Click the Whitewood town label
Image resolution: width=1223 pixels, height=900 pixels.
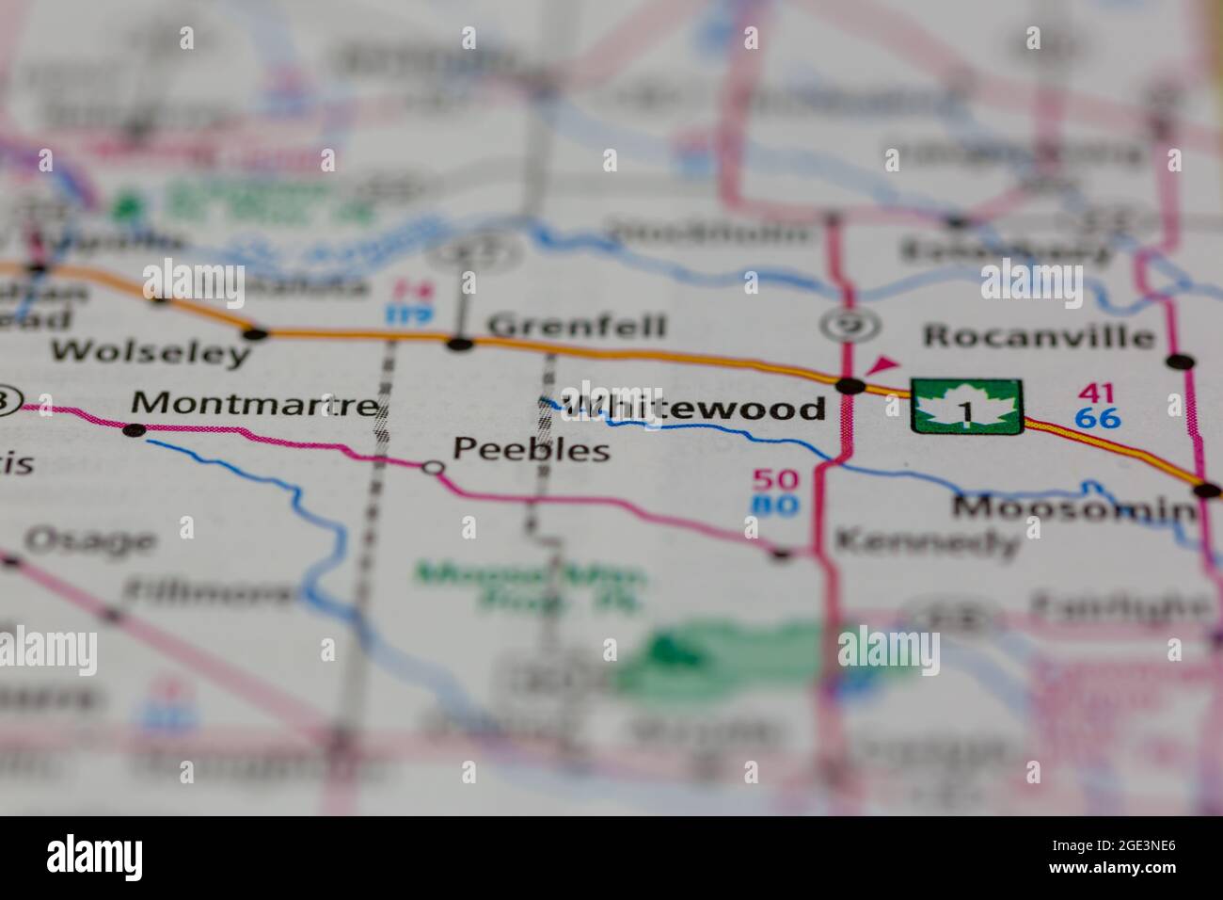tap(696, 408)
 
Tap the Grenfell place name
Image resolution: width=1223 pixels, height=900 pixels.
tap(578, 327)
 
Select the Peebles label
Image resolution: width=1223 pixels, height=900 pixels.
tap(532, 449)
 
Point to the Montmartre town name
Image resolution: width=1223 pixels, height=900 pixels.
tap(254, 404)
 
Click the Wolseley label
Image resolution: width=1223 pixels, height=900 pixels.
tap(151, 353)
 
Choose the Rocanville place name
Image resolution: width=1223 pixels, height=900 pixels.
tap(1039, 336)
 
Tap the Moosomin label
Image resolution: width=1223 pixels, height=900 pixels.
tap(1072, 509)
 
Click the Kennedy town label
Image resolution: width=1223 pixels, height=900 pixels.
tap(927, 541)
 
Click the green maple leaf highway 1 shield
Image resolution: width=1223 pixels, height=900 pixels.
tap(966, 407)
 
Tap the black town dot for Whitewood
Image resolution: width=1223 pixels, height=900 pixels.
tap(850, 385)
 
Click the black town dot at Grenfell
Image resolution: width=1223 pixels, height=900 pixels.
tap(460, 344)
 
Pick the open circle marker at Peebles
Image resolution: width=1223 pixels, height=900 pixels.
tap(433, 467)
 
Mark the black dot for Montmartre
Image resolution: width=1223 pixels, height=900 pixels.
tap(135, 430)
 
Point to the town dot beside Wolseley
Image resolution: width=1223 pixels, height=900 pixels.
tap(253, 333)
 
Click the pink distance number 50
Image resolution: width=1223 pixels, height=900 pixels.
tap(775, 479)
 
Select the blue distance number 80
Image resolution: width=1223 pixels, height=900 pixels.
tap(775, 506)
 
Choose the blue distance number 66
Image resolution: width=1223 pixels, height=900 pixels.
tap(1099, 418)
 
